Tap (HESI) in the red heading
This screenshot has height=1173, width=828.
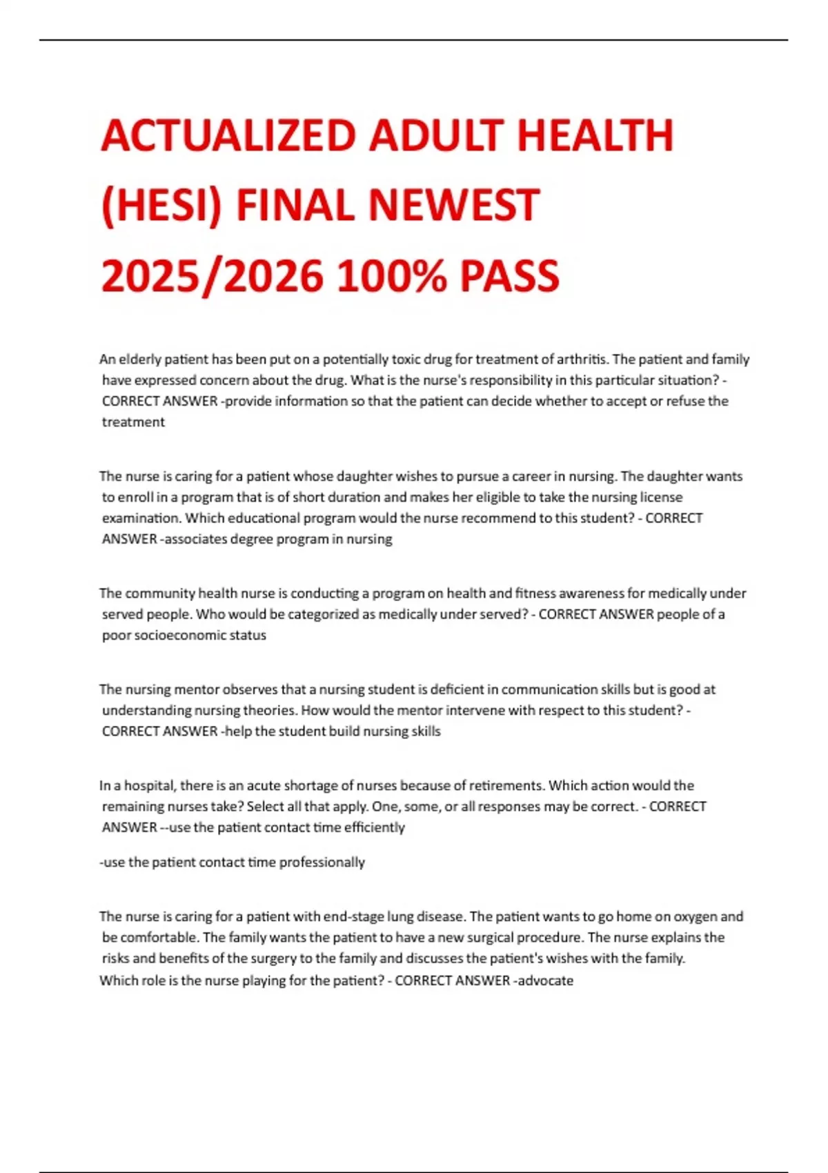161,206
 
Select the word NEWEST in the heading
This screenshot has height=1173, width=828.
454,206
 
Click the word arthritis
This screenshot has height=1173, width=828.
577,359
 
